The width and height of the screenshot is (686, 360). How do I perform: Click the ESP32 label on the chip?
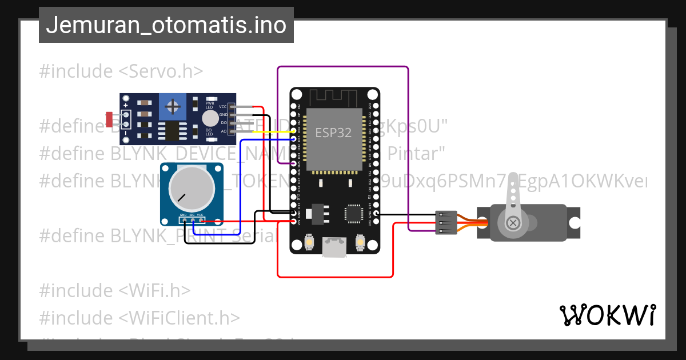tap(334, 132)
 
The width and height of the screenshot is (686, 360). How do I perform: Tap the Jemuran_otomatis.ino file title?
tap(166, 25)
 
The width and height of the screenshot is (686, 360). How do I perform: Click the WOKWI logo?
tap(607, 315)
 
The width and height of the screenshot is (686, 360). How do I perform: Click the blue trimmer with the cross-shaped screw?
tap(172, 106)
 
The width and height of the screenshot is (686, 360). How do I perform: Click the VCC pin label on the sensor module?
tap(223, 106)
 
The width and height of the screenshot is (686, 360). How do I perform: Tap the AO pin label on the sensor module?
tap(223, 131)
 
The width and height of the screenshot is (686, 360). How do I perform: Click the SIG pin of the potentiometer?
tap(193, 219)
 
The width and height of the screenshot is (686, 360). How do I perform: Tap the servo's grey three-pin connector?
tap(446, 222)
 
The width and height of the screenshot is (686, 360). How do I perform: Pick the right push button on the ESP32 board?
tap(361, 242)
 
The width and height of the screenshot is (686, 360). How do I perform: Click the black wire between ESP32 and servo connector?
tap(406, 215)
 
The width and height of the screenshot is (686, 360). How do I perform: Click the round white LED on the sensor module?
tap(210, 118)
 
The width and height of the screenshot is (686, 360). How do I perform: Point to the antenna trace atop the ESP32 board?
tap(334, 98)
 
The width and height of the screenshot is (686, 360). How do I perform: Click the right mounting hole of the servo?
tap(573, 222)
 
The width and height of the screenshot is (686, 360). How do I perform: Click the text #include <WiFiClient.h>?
tap(139, 318)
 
